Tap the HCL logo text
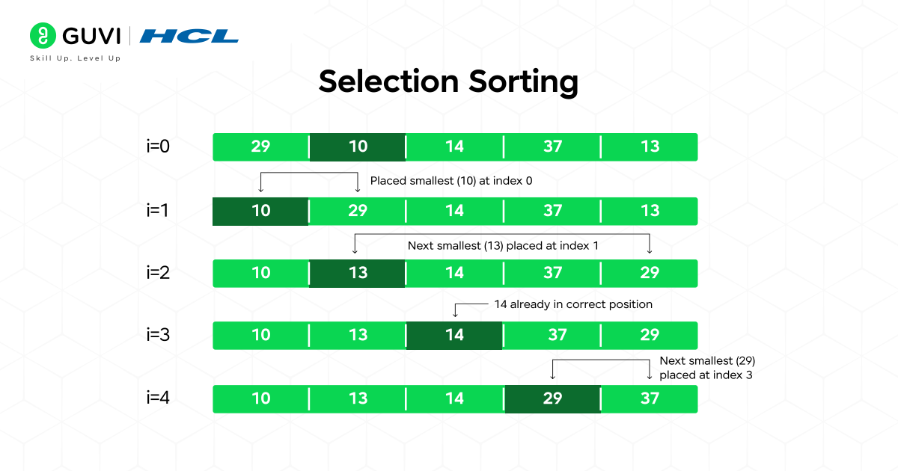(189, 36)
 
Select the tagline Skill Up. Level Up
(75, 58)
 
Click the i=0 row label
(158, 147)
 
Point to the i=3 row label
(158, 335)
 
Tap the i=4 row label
(158, 398)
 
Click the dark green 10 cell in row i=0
(358, 147)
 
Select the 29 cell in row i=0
(260, 147)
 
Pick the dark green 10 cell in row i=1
(260, 211)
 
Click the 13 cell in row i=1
(650, 211)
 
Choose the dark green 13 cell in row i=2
(358, 273)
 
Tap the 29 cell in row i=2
(650, 273)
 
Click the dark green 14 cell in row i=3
(454, 335)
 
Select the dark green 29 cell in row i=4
(552, 398)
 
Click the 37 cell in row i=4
(650, 398)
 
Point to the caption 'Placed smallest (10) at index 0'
(451, 180)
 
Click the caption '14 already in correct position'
(573, 304)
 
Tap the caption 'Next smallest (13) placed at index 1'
(503, 245)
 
